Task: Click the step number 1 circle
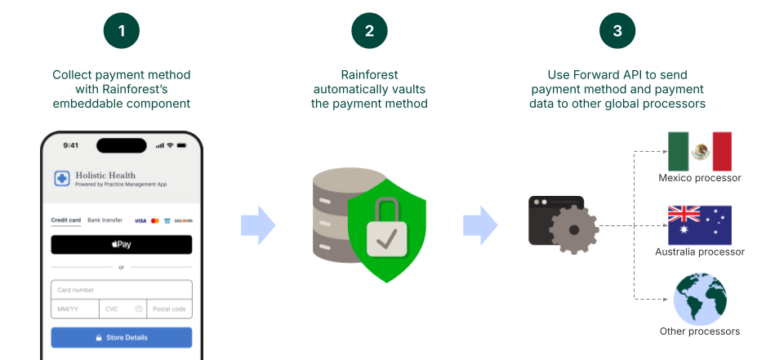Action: pos(122,31)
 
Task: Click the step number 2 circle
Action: pos(370,31)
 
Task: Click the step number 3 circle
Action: pos(617,31)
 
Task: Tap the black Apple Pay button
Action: pos(121,244)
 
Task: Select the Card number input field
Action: pos(121,290)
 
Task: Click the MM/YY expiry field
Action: pos(74,309)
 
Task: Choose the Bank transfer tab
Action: pos(105,220)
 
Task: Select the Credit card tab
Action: pos(65,220)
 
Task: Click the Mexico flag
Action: pos(699,152)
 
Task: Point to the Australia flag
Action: pos(699,225)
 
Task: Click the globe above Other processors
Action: pos(699,298)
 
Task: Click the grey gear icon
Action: pos(573,229)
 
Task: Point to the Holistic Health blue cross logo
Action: pos(62,178)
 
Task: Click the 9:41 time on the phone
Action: pos(70,145)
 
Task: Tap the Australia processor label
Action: pos(699,252)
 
